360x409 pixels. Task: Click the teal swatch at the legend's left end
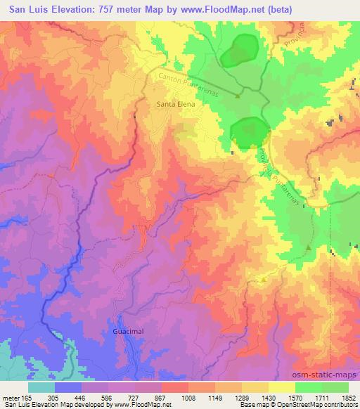[x=41, y=387]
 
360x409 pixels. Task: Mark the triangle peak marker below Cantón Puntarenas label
[x=238, y=96]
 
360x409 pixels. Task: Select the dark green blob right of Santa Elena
[x=250, y=132]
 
